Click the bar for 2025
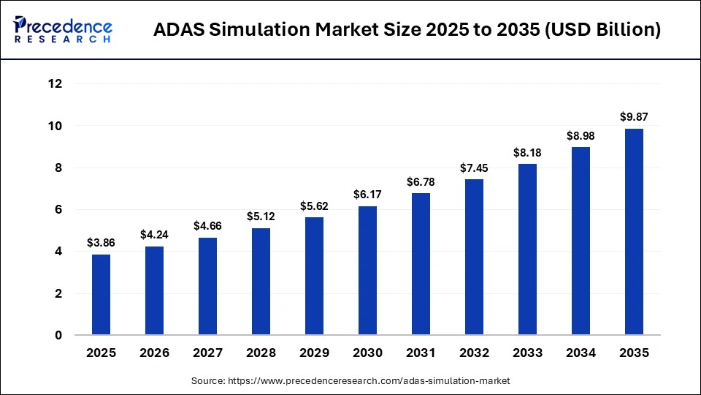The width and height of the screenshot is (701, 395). [x=101, y=295]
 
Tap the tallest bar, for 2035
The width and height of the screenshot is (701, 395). [x=633, y=232]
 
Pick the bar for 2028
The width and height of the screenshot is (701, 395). [x=261, y=282]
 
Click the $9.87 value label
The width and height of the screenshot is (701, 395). [x=633, y=116]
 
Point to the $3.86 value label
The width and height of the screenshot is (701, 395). [x=101, y=242]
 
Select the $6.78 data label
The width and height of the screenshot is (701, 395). [x=421, y=181]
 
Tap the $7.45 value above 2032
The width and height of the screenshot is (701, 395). [x=474, y=167]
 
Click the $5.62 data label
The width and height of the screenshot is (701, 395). [x=314, y=206]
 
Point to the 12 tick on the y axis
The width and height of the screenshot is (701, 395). [x=55, y=84]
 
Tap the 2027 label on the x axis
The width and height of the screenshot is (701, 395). [x=208, y=353]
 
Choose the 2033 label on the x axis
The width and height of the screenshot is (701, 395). [x=527, y=353]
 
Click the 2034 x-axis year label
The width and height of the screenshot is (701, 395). [x=581, y=353]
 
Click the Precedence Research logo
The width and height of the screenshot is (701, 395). [x=63, y=30]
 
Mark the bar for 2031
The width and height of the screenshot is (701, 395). [x=421, y=264]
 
